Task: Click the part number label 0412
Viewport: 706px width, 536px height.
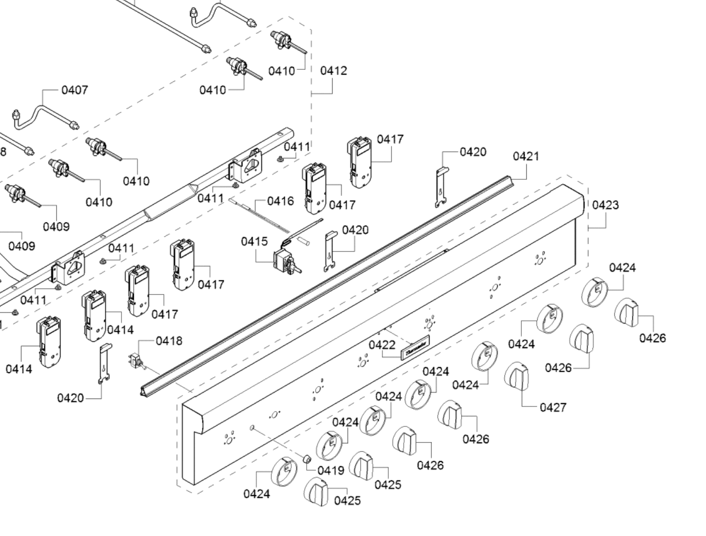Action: (x=333, y=71)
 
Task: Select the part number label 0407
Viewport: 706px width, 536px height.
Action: (x=75, y=90)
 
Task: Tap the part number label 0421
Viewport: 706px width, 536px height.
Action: (x=526, y=156)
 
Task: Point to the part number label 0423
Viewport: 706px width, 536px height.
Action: (x=605, y=205)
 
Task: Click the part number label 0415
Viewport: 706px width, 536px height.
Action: (x=254, y=242)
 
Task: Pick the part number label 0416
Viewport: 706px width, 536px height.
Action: (x=280, y=201)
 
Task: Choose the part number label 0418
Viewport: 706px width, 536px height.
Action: (x=169, y=341)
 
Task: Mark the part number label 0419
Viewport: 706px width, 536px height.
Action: (x=331, y=470)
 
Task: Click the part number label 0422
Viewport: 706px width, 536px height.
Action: (x=382, y=345)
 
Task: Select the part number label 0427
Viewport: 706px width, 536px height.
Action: (x=553, y=407)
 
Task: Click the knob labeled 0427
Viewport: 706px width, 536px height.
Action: (x=517, y=377)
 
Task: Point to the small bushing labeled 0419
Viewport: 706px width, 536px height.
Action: (x=307, y=459)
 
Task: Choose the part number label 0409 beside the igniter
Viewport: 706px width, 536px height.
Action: (x=56, y=227)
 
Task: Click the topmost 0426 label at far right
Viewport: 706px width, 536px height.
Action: (x=652, y=338)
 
